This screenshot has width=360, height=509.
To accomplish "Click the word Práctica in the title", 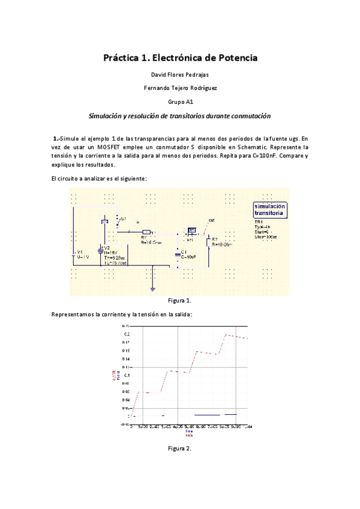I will (120, 58).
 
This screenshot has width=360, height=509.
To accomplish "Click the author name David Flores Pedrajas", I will (179, 75).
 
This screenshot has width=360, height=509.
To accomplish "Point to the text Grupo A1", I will (179, 101).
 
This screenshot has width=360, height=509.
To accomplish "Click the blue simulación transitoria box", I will (270, 209).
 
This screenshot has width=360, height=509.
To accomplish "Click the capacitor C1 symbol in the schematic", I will (178, 254).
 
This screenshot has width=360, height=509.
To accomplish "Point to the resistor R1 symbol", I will (147, 232).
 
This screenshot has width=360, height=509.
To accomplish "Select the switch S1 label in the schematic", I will (123, 220).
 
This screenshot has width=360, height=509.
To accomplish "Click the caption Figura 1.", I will (179, 300).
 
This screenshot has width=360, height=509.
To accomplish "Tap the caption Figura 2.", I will (179, 448).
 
